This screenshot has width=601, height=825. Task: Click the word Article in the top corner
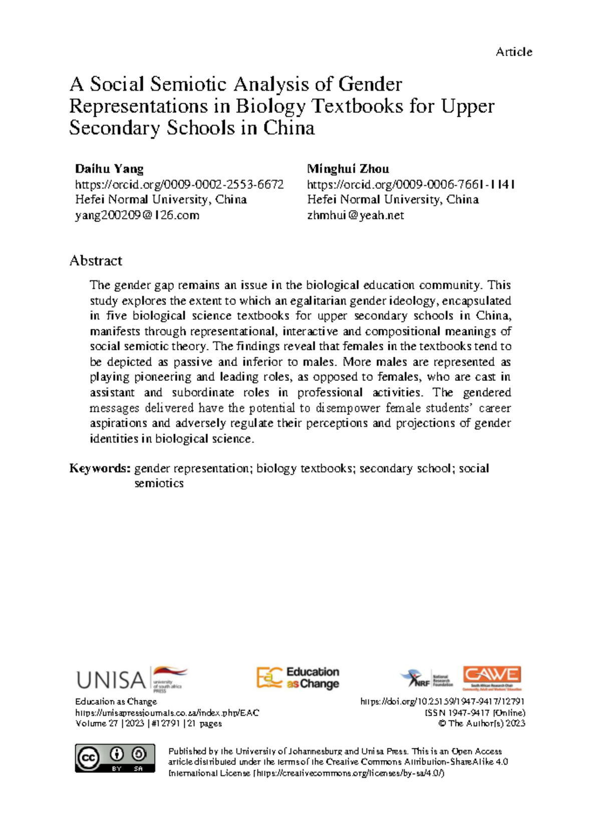pos(514,52)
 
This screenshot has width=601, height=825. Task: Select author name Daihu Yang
pos(109,168)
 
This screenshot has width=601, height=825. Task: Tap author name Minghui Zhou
pos(348,168)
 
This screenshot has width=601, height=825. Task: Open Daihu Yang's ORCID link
pos(179,184)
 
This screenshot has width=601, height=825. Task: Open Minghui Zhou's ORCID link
pos(411,184)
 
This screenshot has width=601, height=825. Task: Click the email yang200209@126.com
pos(137,215)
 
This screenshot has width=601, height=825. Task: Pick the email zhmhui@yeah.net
pos(356,215)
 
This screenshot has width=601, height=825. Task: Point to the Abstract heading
pos(96,261)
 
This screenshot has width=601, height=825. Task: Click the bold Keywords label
pos(100,468)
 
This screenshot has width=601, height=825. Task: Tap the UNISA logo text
pos(111,680)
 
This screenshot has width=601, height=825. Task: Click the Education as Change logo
pos(298,678)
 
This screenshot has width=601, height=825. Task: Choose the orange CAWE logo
pos(492,677)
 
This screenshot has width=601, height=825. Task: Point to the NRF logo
pos(417,679)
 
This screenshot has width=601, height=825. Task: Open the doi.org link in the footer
pos(442,702)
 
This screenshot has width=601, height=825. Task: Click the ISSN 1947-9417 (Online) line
pos(475,713)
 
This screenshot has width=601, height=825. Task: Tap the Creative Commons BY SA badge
pos(115,758)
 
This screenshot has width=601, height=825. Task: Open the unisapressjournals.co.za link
pos(167,713)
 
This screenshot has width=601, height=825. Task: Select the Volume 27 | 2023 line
pos(148,723)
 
